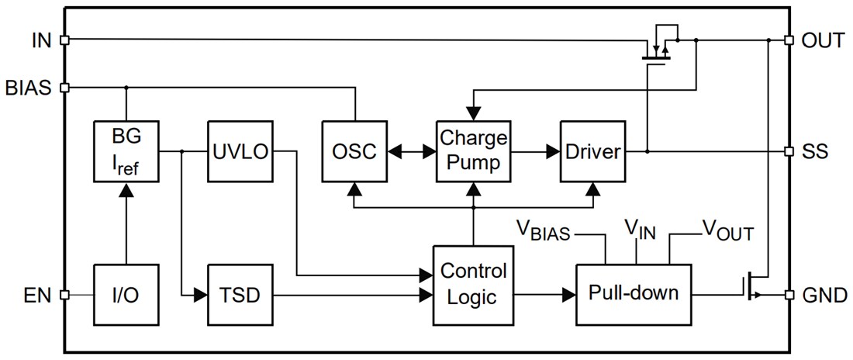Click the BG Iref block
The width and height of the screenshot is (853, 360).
[x=126, y=151]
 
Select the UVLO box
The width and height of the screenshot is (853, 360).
[x=240, y=151]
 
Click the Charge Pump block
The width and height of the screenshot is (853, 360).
[x=473, y=151]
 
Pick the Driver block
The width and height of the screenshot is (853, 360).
[x=592, y=151]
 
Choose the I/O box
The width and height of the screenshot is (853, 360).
[x=126, y=295]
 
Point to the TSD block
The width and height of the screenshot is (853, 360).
[x=240, y=295]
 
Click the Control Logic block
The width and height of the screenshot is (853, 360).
[x=473, y=284]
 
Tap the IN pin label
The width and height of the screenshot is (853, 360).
[x=41, y=40]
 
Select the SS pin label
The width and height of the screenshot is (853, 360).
[x=816, y=151]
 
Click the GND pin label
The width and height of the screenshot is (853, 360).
[x=824, y=295]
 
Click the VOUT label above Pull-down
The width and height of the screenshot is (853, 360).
[x=727, y=230]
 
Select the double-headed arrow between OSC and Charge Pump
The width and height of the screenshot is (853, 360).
[x=412, y=151]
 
